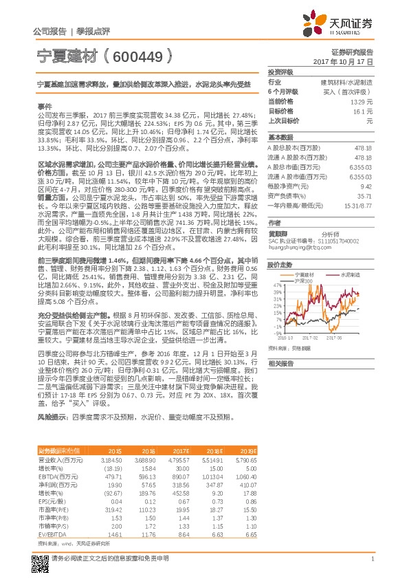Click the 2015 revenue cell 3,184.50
click(111, 458)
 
